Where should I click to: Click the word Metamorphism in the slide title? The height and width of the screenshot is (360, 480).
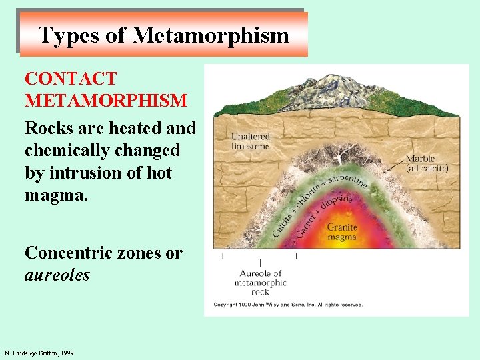click(211, 35)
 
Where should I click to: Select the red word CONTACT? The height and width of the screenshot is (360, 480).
click(71, 79)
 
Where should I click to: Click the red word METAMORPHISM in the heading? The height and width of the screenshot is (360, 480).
click(106, 101)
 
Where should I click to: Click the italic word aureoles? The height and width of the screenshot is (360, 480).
click(57, 274)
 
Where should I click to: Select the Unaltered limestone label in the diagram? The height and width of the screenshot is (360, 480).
click(250, 141)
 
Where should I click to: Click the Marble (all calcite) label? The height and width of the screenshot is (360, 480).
click(427, 163)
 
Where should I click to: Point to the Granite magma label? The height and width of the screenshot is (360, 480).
click(342, 232)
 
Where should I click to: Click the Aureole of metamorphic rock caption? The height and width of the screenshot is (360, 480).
click(260, 282)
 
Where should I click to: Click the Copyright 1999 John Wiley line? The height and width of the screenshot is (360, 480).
click(288, 305)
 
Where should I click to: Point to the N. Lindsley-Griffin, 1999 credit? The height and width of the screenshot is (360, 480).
click(39, 353)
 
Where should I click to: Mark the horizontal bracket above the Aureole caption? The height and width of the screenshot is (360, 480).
click(259, 255)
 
